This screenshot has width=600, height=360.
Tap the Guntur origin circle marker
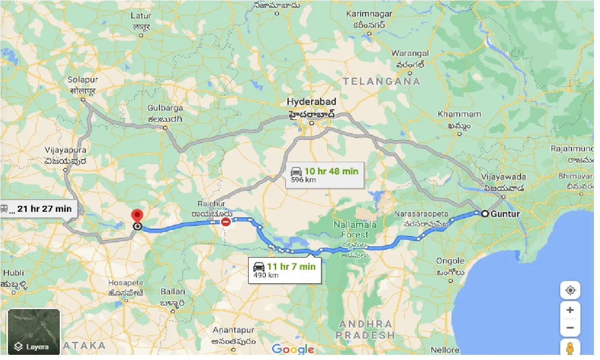tap(485, 214)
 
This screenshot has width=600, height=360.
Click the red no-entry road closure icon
tap(226, 222)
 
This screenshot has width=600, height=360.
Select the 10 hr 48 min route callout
tap(325, 175)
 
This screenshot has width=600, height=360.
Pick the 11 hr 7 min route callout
tap(285, 270)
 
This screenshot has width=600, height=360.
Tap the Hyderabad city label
tap(311, 102)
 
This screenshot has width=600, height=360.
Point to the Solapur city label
tap(83, 79)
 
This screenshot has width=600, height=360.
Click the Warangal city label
tap(410, 53)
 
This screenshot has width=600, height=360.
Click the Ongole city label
tap(450, 261)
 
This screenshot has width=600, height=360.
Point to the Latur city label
tap(141, 16)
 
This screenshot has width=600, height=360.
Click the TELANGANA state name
tap(381, 81)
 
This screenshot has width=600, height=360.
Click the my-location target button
tap(570, 290)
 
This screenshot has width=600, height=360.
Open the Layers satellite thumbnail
tap(34, 332)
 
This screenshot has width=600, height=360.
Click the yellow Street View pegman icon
tap(570, 348)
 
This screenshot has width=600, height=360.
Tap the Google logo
tap(293, 349)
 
